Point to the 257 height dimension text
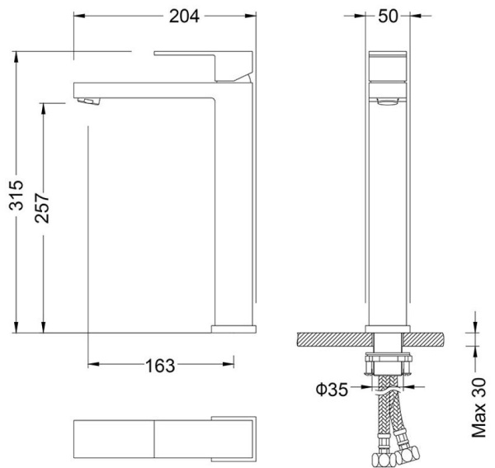point(46,210)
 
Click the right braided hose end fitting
point(405,453)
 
